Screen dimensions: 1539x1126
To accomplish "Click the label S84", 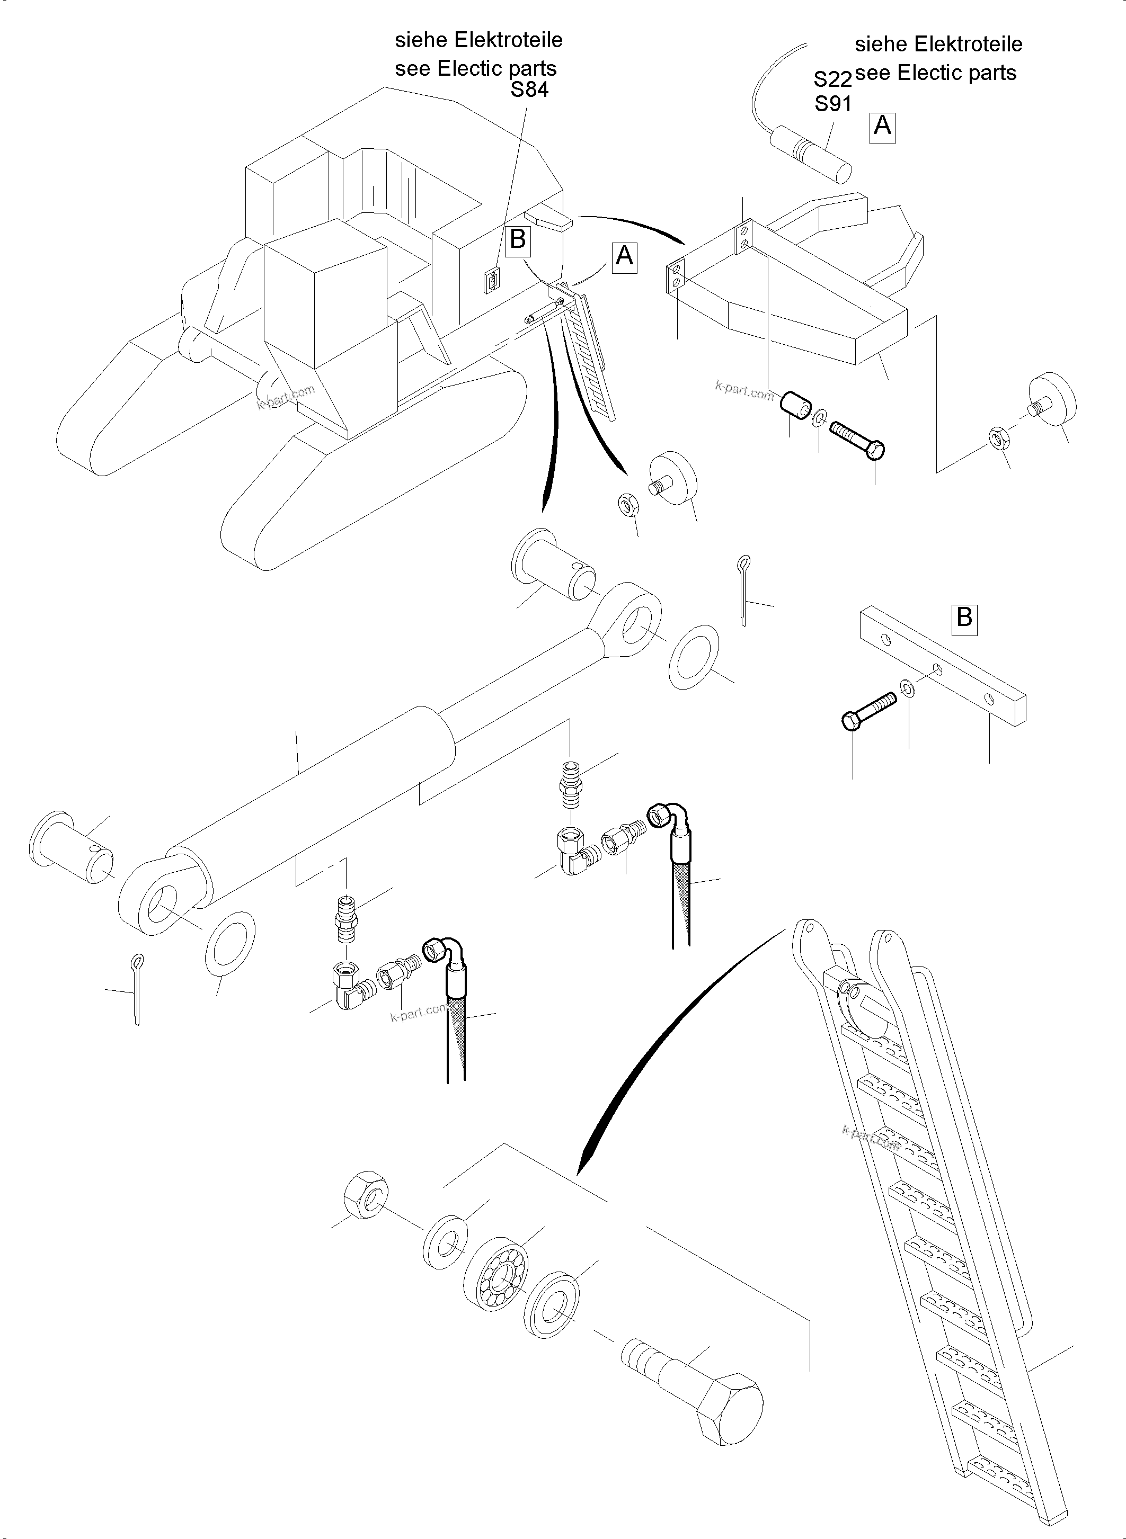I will pyautogui.click(x=529, y=90).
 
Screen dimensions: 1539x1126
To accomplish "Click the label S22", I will pyautogui.click(x=832, y=80).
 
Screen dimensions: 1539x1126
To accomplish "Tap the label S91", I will pyautogui.click(x=832, y=104).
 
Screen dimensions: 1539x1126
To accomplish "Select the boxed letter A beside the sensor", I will pyautogui.click(x=882, y=127).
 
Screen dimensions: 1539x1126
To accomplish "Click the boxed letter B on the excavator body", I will pyautogui.click(x=518, y=239).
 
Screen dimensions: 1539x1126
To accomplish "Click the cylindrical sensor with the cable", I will pyautogui.click(x=811, y=153).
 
